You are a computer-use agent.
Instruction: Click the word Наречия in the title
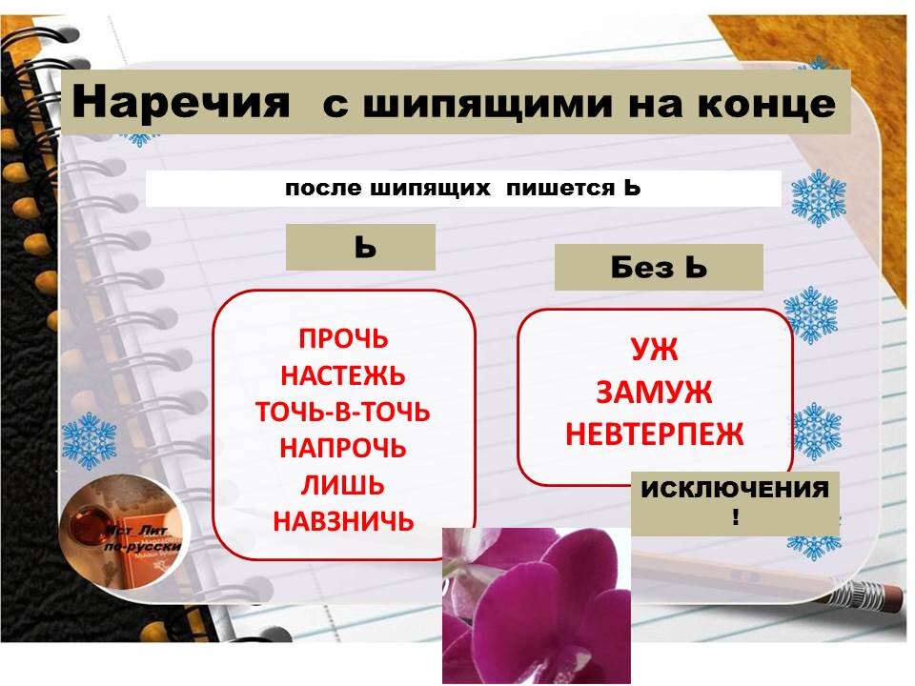pyautogui.click(x=180, y=102)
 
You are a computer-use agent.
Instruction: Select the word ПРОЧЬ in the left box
pyautogui.click(x=344, y=339)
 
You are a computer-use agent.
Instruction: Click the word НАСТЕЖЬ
pyautogui.click(x=343, y=375)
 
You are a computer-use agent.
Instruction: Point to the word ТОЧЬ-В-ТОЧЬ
pyautogui.click(x=343, y=412)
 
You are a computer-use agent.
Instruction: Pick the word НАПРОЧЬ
pyautogui.click(x=343, y=448)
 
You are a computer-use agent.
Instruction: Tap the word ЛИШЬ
pyautogui.click(x=343, y=485)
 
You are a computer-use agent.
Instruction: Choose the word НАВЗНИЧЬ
pyautogui.click(x=343, y=521)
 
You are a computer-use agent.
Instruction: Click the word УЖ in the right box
pyautogui.click(x=654, y=351)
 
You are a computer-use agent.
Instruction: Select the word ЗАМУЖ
pyautogui.click(x=654, y=393)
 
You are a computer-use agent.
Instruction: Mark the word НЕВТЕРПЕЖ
pyautogui.click(x=654, y=434)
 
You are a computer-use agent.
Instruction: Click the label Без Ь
pyautogui.click(x=659, y=268)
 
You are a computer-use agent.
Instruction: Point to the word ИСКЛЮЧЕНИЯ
pyautogui.click(x=735, y=491)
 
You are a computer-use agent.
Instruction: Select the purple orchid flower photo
pyautogui.click(x=537, y=605)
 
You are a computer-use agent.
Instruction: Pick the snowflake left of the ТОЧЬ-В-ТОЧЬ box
pyautogui.click(x=89, y=439)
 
